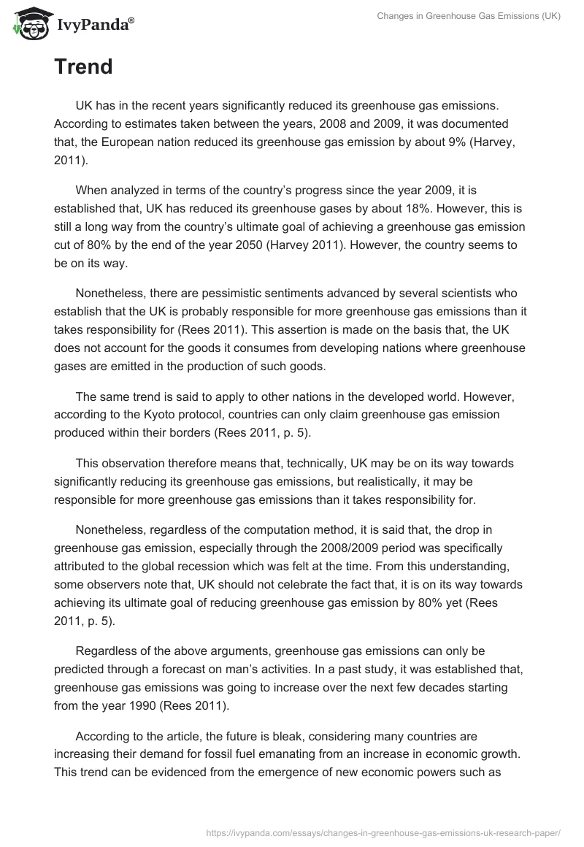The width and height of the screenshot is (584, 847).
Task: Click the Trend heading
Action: click(x=83, y=67)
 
